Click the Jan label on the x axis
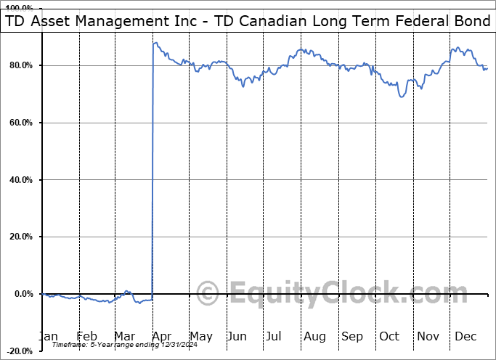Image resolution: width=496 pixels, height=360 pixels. (x=49, y=336)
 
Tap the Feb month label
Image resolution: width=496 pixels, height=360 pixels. (x=86, y=336)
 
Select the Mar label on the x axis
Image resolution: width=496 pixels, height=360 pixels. (x=125, y=336)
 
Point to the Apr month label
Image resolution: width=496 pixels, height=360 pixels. (x=162, y=336)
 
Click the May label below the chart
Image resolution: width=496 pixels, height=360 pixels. (x=200, y=336)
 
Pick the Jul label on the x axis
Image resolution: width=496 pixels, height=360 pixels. (x=275, y=336)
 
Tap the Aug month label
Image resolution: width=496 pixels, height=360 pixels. (x=314, y=336)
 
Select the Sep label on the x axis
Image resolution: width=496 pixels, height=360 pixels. (x=352, y=336)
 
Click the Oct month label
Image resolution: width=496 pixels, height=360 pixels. (x=389, y=336)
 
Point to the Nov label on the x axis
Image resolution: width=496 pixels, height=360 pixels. (x=428, y=336)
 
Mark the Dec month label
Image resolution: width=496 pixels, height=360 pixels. (x=465, y=336)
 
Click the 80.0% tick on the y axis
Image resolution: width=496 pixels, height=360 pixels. (x=21, y=66)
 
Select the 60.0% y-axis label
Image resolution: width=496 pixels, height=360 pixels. (x=21, y=123)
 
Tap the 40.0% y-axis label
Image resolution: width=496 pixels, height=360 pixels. (x=21, y=180)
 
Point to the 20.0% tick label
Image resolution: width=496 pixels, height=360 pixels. (x=21, y=237)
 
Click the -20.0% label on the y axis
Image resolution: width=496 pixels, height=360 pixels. (x=20, y=351)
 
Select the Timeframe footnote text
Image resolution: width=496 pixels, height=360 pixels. (x=101, y=345)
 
